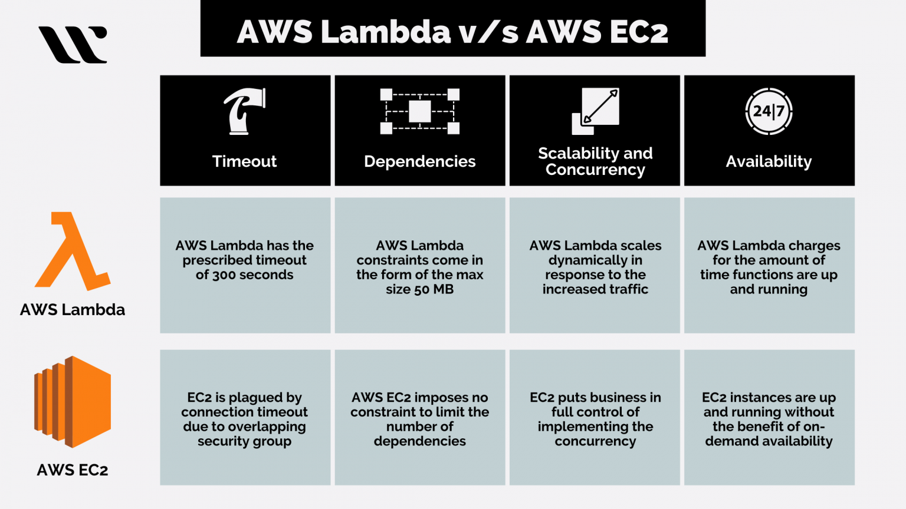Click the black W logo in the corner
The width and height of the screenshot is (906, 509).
click(73, 44)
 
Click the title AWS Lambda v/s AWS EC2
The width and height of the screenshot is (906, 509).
click(452, 31)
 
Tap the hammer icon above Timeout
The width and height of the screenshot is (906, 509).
click(245, 111)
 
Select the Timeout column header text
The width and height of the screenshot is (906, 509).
click(245, 161)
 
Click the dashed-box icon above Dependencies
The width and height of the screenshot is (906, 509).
click(419, 111)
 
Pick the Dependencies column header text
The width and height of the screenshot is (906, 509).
click(419, 161)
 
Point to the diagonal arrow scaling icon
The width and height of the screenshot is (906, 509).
click(596, 111)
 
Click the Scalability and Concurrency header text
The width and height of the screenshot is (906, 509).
click(595, 161)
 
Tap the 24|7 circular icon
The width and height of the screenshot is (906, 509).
click(769, 111)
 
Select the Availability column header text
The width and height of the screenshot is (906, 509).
click(769, 161)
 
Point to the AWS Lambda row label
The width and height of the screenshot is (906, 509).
click(73, 310)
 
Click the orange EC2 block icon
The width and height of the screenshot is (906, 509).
click(73, 402)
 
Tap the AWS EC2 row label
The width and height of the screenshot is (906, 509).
click(73, 470)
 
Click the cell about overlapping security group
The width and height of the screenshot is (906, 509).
click(245, 419)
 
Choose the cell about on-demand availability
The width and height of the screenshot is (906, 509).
click(769, 419)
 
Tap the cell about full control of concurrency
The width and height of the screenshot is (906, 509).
click(595, 419)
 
